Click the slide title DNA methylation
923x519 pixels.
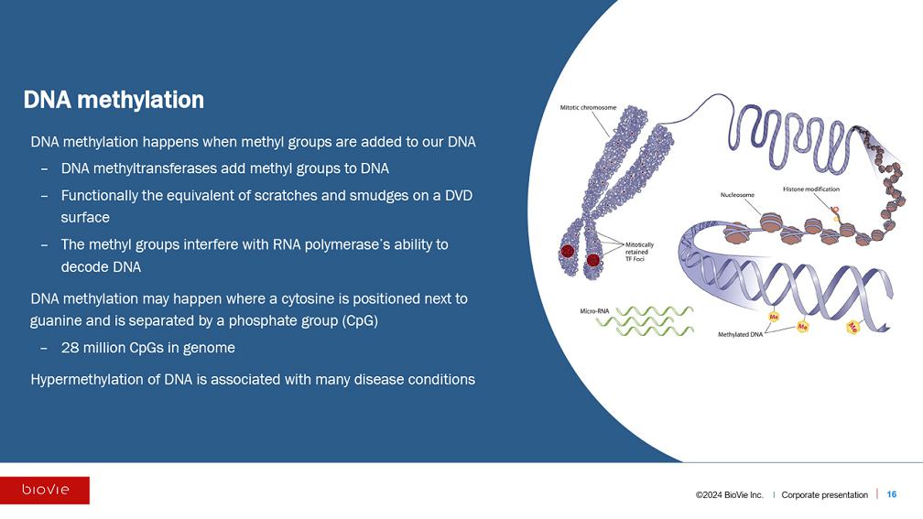click(114, 100)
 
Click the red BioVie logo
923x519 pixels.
click(45, 491)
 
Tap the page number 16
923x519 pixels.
click(892, 494)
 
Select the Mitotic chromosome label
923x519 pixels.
click(588, 108)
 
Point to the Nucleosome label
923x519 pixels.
click(737, 195)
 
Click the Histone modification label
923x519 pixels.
click(810, 189)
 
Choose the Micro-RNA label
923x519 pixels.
click(595, 311)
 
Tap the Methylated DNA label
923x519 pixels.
click(740, 335)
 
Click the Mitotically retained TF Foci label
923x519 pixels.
click(639, 252)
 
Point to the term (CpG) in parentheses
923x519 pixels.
click(356, 321)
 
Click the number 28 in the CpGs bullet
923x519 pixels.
click(70, 348)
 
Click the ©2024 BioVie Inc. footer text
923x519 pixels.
click(729, 495)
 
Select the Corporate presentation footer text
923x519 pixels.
click(824, 495)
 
